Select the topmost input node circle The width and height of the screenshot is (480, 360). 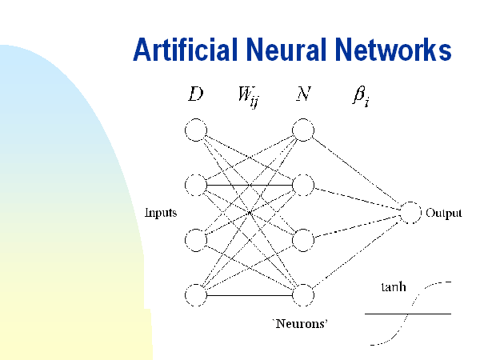pos(195,130)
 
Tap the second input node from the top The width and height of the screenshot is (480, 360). pos(195,186)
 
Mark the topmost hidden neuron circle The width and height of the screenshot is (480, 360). pos(302,130)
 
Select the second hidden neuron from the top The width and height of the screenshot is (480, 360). pos(302,186)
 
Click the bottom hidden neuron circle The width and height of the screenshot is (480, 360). pos(302,294)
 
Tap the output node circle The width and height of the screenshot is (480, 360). pos(410,213)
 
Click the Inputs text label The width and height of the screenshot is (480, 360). pos(160,213)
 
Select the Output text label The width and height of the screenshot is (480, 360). pos(444,214)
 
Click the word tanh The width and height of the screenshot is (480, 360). pos(392,285)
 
